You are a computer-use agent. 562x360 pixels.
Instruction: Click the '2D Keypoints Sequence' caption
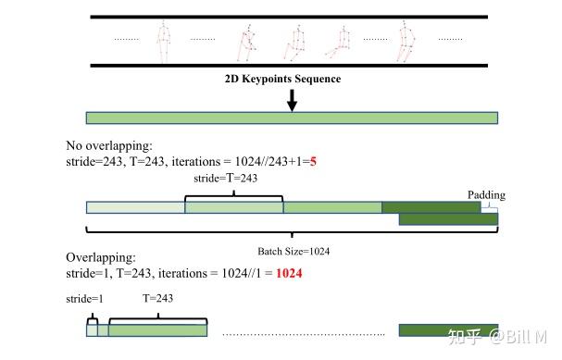[x=282, y=80]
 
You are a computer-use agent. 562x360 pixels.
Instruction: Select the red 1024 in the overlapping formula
[x=288, y=274]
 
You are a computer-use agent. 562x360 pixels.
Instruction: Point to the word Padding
[x=486, y=194]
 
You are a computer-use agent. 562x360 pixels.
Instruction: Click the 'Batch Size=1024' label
[x=293, y=251]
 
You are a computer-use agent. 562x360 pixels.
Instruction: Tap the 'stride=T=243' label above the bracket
[x=226, y=178]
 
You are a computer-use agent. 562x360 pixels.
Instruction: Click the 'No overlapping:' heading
[x=107, y=146]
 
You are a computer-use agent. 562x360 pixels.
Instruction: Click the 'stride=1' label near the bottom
[x=85, y=299]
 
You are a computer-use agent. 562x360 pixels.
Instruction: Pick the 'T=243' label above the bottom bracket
[x=157, y=299]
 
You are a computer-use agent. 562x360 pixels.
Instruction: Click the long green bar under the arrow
[x=292, y=118]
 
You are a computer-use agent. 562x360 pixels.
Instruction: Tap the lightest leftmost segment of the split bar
[x=135, y=208]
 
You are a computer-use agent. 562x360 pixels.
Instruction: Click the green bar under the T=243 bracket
[x=157, y=330]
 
